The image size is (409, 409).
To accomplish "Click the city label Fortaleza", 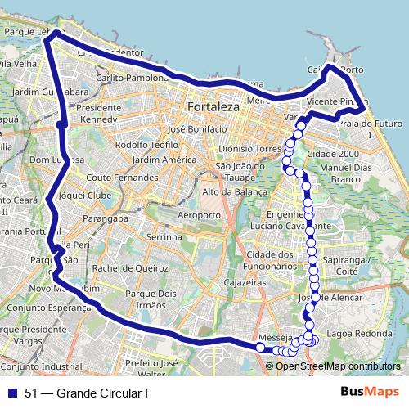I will pyautogui.click(x=212, y=107).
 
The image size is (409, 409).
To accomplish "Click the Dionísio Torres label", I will pyautogui.click(x=250, y=150).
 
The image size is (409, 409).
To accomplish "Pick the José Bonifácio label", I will pyautogui.click(x=196, y=129).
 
